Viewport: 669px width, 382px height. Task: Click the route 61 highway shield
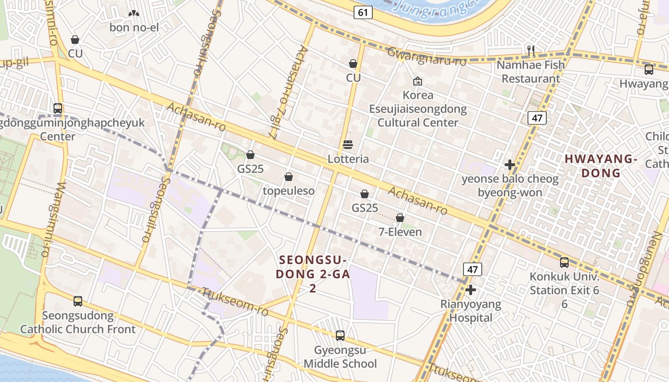[x=363, y=12]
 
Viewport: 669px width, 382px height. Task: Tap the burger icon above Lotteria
[x=348, y=145]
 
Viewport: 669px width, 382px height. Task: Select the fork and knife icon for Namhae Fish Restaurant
[x=530, y=50]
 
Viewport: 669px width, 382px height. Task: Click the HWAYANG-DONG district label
[x=601, y=166]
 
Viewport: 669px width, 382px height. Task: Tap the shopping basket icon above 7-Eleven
[x=400, y=218]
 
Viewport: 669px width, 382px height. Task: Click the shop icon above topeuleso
[x=289, y=177]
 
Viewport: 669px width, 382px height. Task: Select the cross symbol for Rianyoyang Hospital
[x=471, y=290]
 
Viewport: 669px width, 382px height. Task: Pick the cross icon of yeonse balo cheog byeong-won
[x=510, y=165]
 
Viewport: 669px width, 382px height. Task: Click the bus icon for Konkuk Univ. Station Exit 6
[x=564, y=262]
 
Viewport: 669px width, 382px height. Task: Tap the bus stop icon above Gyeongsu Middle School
[x=340, y=336]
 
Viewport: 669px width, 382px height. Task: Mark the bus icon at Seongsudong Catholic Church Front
[x=78, y=301]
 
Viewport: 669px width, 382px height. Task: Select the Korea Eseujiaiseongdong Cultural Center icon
[x=418, y=81]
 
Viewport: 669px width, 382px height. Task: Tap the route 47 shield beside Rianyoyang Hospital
[x=472, y=269]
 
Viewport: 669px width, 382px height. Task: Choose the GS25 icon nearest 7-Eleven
[x=365, y=194]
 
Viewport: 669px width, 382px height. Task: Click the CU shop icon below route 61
[x=353, y=64]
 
